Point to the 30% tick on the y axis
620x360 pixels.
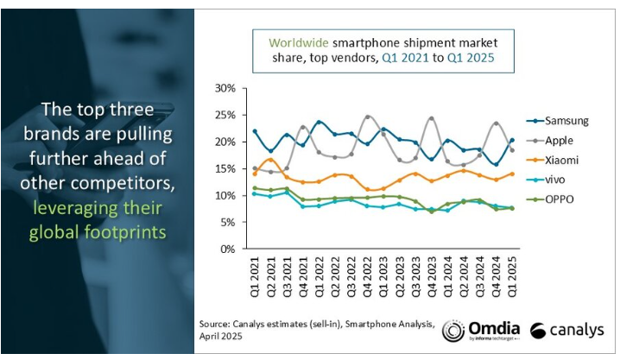pos(224,89)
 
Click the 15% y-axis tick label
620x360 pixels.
pos(224,168)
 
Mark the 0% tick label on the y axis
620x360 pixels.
pos(226,249)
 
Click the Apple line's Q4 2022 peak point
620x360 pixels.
pos(369,117)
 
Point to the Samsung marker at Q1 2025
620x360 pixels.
pos(513,140)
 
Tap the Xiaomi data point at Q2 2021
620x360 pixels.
pos(271,160)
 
